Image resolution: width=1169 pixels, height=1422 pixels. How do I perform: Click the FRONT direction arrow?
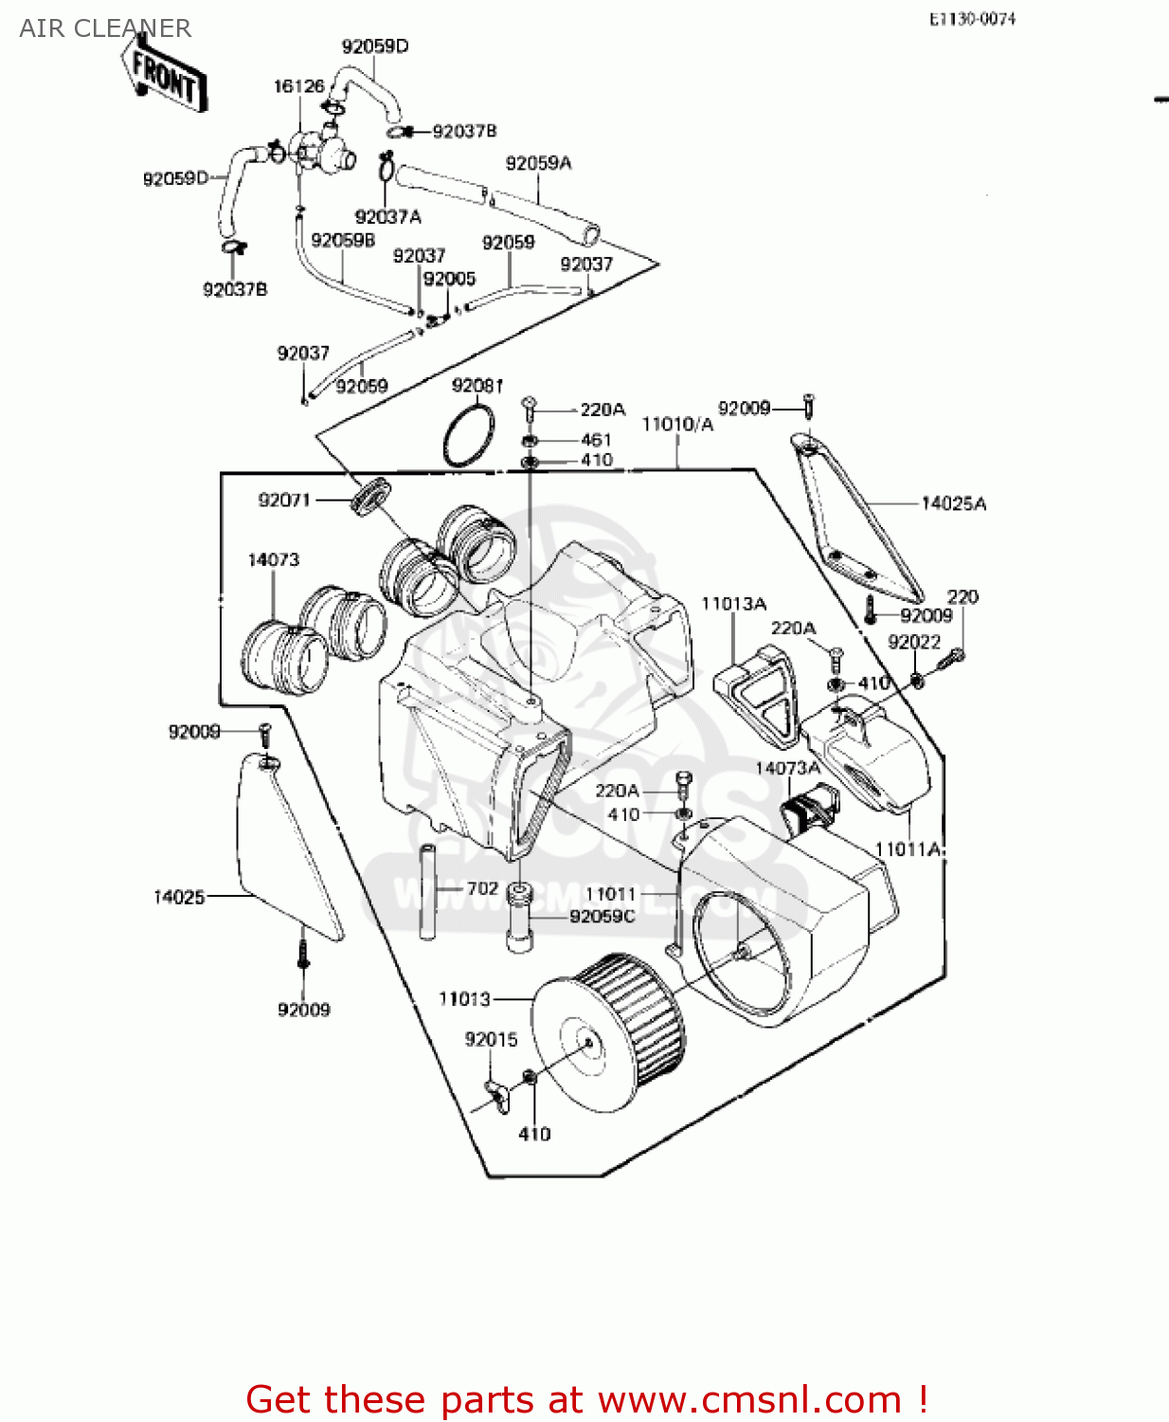point(163,76)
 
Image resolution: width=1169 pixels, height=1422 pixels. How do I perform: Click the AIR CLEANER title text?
point(105,28)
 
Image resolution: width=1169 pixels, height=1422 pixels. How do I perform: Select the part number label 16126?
point(298,86)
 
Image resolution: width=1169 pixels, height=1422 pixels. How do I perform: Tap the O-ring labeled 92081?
point(468,435)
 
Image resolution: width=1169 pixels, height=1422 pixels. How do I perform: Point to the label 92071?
point(284,500)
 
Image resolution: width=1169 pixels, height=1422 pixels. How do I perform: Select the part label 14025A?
point(953,503)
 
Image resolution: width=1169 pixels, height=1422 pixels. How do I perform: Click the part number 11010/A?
point(677,424)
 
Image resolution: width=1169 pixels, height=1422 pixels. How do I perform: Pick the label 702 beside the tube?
point(482,888)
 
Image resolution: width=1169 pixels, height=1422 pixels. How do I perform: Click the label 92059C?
point(602,916)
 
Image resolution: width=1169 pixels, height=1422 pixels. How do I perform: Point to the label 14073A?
point(787,768)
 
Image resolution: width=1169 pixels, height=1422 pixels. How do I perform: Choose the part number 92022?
point(914,642)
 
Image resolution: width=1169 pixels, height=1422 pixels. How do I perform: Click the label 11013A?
point(733,604)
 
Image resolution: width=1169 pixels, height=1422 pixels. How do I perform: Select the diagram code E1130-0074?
point(972,19)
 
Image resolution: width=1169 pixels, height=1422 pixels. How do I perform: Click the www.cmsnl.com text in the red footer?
point(749,1399)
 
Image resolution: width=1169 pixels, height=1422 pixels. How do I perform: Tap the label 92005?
point(449,279)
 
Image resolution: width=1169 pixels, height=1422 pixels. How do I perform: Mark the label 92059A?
point(538,163)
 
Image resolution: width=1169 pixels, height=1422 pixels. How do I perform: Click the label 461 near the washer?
point(596,440)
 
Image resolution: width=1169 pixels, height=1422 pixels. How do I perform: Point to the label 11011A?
point(908,849)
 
